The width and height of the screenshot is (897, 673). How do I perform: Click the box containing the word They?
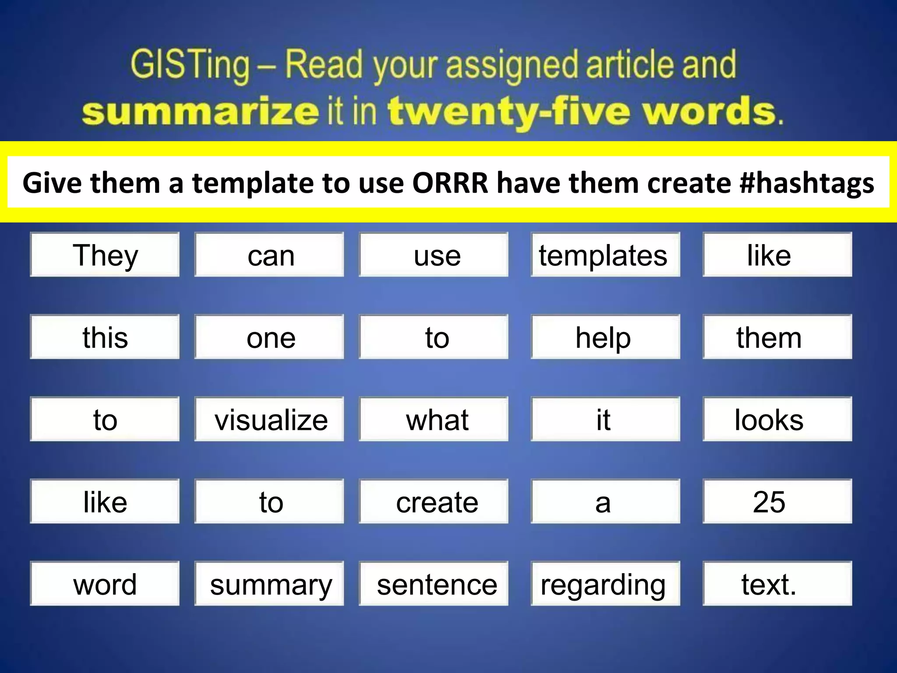coord(105,255)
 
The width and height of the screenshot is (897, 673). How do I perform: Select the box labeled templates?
coord(605,255)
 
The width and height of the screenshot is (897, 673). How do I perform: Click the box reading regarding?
coord(605,584)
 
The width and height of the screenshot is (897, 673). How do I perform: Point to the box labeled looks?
coord(777,419)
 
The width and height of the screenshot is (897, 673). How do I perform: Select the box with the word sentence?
coord(434,584)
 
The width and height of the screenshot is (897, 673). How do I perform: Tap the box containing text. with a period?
coord(777,584)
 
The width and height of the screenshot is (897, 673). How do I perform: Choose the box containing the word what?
coord(434,419)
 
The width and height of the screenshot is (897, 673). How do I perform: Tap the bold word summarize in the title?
coord(200,111)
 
